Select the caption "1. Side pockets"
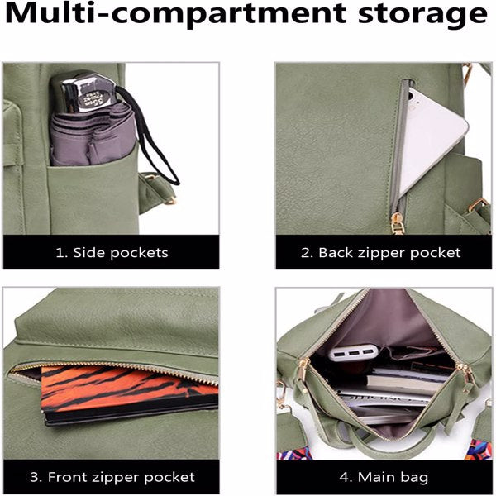coord(112,252)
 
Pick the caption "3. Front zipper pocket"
coord(112,477)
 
